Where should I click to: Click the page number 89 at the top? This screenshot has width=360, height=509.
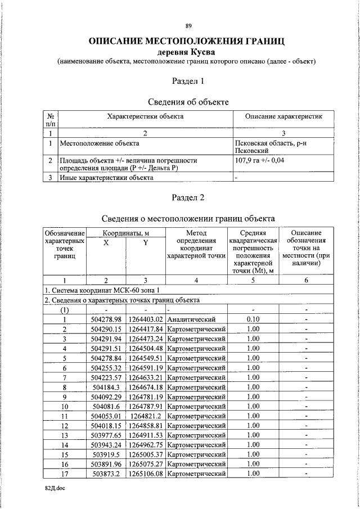[x=188, y=26]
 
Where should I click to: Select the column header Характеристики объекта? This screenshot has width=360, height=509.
[x=146, y=116]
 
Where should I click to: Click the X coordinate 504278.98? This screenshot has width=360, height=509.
[x=106, y=319]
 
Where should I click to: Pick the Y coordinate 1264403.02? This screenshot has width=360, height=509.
[x=146, y=319]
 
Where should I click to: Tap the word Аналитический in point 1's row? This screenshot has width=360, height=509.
[x=191, y=319]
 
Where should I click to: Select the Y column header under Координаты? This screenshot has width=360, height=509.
[x=145, y=243]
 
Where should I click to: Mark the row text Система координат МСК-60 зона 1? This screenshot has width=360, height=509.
[x=100, y=290]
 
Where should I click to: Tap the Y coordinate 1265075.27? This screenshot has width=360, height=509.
[x=146, y=464]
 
